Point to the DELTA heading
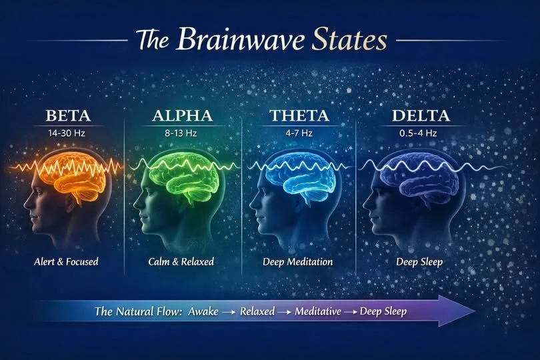(x=420, y=116)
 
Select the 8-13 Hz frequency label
(x=182, y=132)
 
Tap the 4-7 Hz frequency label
(x=298, y=132)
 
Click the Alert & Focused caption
(x=66, y=261)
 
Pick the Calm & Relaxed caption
(x=182, y=261)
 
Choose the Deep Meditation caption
(x=298, y=261)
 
